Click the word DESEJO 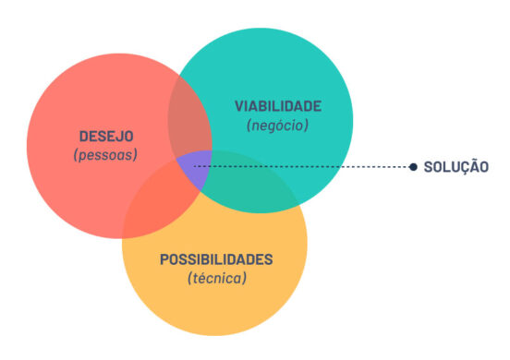point(106,138)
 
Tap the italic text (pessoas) point(105,155)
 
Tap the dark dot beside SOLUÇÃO point(413,167)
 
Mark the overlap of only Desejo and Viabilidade point(188,126)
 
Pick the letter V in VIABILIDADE point(238,107)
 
